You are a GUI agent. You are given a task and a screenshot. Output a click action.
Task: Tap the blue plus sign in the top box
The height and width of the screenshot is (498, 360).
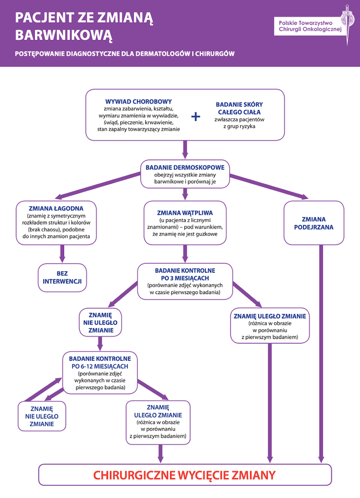(x=196, y=116)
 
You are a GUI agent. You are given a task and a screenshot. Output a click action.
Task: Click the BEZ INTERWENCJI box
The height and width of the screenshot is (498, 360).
(x=62, y=278)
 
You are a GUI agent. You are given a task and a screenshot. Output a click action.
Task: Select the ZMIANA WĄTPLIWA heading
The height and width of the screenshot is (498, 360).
(x=185, y=212)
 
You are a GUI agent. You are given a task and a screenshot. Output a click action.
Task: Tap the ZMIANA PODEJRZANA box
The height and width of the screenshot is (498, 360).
(x=314, y=222)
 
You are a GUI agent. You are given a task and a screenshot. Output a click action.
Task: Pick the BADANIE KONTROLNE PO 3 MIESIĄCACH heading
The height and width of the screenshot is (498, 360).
(x=185, y=274)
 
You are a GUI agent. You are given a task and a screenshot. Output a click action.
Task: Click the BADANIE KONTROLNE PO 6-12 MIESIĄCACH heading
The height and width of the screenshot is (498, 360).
(x=100, y=362)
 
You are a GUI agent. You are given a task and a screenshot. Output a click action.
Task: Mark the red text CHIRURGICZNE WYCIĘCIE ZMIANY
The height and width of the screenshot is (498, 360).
(x=184, y=475)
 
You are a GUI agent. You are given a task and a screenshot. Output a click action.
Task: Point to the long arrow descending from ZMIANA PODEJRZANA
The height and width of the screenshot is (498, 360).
(x=321, y=354)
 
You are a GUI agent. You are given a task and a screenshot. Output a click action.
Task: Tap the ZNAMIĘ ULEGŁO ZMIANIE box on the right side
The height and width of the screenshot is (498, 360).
(x=270, y=327)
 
